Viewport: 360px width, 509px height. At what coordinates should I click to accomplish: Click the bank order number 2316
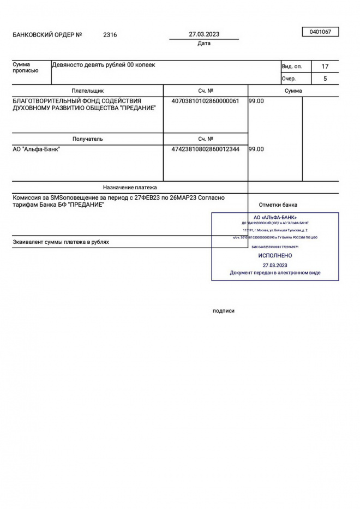click(x=110, y=35)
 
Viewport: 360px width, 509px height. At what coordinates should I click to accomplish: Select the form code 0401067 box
click(x=320, y=32)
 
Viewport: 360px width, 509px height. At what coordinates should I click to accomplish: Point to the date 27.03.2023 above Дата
click(x=204, y=34)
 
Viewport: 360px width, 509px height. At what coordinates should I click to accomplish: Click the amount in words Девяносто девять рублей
click(x=103, y=65)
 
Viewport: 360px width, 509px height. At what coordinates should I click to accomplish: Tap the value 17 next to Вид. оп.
click(x=325, y=67)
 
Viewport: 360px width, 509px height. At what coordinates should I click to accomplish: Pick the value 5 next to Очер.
click(x=325, y=79)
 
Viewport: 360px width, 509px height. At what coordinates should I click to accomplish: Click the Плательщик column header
click(x=87, y=91)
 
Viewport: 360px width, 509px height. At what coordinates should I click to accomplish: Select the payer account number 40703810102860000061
click(x=205, y=101)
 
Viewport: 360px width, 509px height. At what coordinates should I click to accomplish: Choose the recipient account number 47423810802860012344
click(x=205, y=149)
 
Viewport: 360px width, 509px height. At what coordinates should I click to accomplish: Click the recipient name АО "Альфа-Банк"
click(x=37, y=149)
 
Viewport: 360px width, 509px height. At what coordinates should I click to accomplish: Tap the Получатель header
click(x=87, y=139)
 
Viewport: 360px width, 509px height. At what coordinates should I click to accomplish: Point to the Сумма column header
click(x=293, y=91)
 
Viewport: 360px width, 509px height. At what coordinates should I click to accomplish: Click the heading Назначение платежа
click(x=130, y=187)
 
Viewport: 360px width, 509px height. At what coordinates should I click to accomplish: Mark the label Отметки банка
click(x=278, y=205)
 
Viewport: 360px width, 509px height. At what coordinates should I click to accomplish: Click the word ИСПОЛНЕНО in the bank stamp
click(x=275, y=255)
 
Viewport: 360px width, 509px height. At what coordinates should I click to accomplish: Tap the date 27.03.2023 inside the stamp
click(x=275, y=265)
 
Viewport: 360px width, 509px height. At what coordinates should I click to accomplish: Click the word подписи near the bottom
click(x=224, y=311)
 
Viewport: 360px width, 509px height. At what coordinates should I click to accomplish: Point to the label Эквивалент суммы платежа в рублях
click(x=61, y=242)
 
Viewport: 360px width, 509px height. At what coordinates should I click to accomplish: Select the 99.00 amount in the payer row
click(x=256, y=101)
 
